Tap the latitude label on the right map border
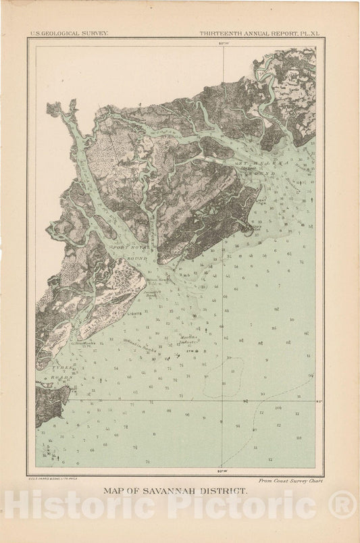coord(319,400)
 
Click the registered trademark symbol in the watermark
coord(342,505)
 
